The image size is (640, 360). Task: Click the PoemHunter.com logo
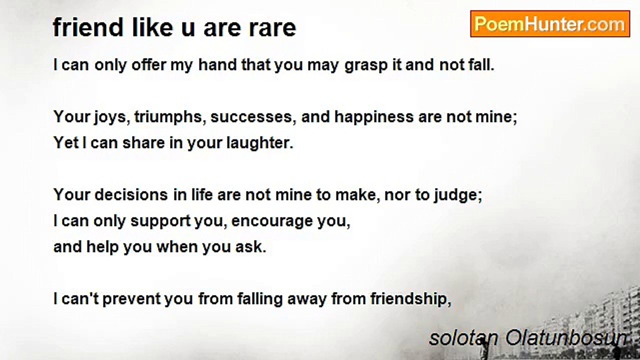click(550, 24)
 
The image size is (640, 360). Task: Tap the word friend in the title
click(88, 27)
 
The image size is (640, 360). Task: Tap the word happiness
click(374, 117)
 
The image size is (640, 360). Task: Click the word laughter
click(260, 143)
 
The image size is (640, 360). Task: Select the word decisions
click(131, 195)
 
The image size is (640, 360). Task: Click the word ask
click(251, 247)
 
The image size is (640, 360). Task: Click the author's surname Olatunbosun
click(566, 338)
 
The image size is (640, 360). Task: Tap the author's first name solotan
click(463, 338)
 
